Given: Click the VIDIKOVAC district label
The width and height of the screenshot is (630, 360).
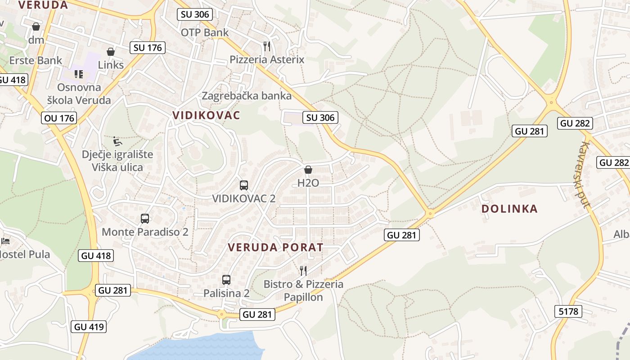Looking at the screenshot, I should pos(206,115).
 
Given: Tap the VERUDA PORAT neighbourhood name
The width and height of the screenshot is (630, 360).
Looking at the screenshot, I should pos(275,247).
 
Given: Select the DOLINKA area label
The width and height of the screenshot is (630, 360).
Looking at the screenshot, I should pos(509,209).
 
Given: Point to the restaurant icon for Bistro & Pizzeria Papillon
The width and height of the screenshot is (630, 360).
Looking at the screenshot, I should pos(303,270).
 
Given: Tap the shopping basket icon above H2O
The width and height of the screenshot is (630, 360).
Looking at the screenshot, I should pos(308,170).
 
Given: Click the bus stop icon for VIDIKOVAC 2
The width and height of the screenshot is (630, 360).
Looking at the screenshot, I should pos(244,185).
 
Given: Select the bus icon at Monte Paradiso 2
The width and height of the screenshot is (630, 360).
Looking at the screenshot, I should pos(145,219).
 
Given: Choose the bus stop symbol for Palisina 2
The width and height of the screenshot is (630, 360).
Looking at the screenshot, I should pos(226,279).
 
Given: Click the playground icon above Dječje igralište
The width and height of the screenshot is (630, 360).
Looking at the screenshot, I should pos(117,141).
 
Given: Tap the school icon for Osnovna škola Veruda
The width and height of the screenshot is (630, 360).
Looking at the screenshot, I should pos(79,74).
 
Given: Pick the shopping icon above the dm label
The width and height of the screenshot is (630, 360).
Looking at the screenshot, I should pos(36,27).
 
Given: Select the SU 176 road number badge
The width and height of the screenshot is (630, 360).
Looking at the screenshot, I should pos(148,48).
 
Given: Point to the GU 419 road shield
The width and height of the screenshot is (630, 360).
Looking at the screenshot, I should pos(89,327).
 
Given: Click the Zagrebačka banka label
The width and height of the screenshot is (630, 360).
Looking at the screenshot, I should pos(247,96).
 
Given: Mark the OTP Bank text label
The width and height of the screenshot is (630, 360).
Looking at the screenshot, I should pos(205,32).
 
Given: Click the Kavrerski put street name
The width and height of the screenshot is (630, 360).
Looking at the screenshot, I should pos(584,175).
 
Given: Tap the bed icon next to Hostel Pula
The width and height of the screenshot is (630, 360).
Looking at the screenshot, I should pos(5,241).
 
